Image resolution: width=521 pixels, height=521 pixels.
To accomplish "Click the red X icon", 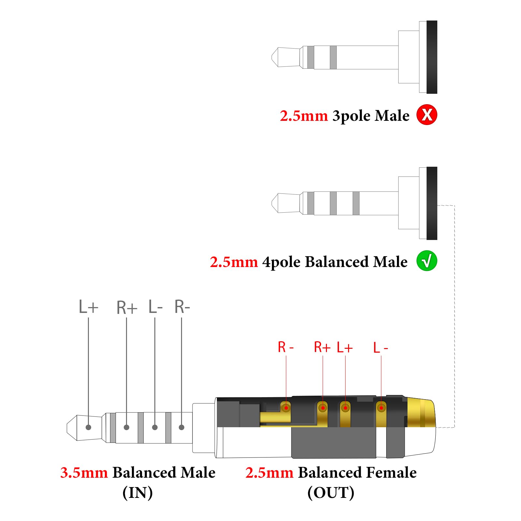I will [427, 115].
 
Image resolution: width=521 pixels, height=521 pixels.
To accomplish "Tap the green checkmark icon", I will [427, 261].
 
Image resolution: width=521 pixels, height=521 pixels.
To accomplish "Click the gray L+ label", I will [88, 307].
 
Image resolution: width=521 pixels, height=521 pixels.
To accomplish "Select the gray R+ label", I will [127, 308].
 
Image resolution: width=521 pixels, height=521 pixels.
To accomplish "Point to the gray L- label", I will [155, 307].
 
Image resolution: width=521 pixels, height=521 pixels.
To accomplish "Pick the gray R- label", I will [182, 307].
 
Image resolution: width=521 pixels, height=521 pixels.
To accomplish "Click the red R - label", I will [286, 347].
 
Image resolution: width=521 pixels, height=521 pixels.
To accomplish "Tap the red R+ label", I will [322, 347].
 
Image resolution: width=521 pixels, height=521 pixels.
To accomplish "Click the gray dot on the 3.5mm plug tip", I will [88, 427].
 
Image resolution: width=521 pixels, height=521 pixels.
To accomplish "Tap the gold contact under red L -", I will [381, 408].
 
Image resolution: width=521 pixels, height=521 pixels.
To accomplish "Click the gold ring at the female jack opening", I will [421, 413].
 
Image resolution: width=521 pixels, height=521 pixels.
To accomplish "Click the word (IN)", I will [137, 493].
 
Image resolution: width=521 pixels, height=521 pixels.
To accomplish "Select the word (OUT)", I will [331, 493].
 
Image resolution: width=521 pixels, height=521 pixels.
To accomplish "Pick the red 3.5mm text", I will [84, 473].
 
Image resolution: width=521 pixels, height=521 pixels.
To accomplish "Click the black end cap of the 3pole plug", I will [432, 57].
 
